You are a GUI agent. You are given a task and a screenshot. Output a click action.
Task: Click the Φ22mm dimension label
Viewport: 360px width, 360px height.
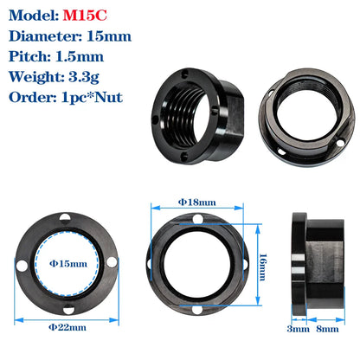(67, 326)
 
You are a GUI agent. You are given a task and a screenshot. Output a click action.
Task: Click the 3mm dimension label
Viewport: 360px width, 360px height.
(298, 328)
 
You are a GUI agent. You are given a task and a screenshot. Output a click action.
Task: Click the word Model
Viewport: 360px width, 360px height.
(32, 15)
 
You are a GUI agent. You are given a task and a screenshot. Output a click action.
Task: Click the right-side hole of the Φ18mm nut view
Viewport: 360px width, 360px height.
(247, 263)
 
